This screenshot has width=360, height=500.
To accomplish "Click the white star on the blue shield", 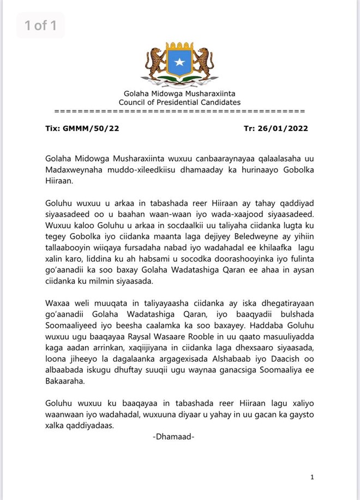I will pos(180,63).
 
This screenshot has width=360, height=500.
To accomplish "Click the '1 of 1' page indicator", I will pos(40,25).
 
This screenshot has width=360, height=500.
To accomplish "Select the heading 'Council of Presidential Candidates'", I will pos(180,102).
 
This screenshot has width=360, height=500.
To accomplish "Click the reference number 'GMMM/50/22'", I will pos(85,129).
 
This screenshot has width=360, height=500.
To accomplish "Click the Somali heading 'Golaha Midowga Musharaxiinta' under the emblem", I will pos(180,94).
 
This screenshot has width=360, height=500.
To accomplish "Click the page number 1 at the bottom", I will pos(312,477).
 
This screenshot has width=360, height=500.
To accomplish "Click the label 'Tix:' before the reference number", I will pos(52,129).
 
